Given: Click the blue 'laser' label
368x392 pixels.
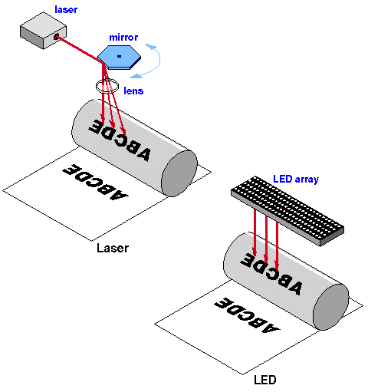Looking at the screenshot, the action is click(66, 10).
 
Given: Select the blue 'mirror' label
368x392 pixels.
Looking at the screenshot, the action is click(123, 38).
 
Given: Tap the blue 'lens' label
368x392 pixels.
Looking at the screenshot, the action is click(133, 91).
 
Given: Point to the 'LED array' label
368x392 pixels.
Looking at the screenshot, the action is click(296, 180).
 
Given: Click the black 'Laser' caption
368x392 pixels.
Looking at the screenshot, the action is click(113, 248).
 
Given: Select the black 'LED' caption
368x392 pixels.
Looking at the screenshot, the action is click(265, 380).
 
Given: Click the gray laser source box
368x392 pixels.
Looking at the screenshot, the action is click(43, 31).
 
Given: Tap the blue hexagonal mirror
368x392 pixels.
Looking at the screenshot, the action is click(119, 58).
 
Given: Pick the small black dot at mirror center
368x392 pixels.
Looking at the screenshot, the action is click(119, 56).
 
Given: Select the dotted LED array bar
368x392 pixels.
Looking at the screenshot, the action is click(287, 211).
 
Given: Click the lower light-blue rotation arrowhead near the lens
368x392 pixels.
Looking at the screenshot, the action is click(136, 76).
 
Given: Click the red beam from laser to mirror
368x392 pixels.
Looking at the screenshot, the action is click(79, 49).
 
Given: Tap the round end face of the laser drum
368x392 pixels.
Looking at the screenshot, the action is click(179, 173).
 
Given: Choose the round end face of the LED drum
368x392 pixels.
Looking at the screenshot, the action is click(330, 307).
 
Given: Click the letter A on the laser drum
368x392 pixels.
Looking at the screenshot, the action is click(143, 154).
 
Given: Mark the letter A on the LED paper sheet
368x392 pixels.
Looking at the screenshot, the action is click(271, 328).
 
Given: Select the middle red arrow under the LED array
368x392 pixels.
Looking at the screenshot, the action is click(266, 239).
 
